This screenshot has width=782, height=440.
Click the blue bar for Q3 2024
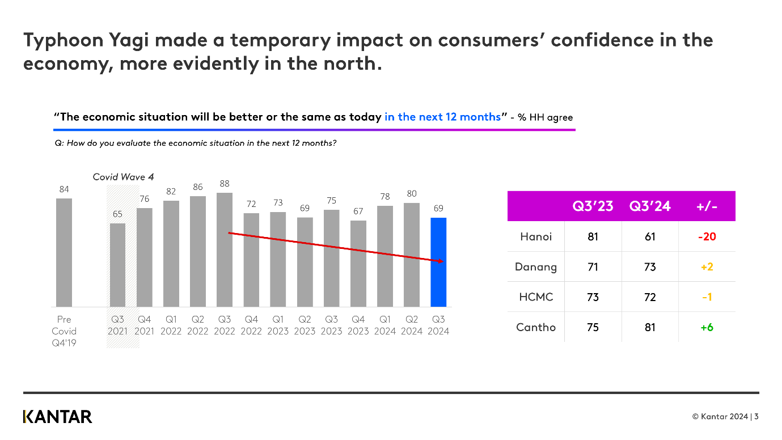coord(438,262)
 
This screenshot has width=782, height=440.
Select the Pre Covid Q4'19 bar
coord(64,252)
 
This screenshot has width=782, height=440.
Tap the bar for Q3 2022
coord(225,249)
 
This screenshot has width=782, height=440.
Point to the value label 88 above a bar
coord(225,184)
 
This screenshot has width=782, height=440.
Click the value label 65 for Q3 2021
coord(117,214)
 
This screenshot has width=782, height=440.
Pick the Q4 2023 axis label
coord(358,325)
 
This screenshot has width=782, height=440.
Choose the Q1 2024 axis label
coord(384,325)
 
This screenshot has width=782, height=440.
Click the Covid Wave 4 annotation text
coord(123,177)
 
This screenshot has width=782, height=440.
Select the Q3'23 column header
coord(593,206)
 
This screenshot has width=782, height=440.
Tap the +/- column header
coord(707,206)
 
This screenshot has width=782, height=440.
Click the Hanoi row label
coord(536,236)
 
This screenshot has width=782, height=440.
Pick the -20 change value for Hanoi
coord(707,236)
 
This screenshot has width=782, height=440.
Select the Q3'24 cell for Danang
coord(650,266)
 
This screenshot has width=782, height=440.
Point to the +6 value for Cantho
coord(707,327)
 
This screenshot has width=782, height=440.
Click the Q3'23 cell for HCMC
coord(593,297)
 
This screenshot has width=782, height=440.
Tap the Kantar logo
coord(57,417)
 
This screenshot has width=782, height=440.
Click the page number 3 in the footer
coord(756,417)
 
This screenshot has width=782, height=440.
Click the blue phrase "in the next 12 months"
coord(442,117)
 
